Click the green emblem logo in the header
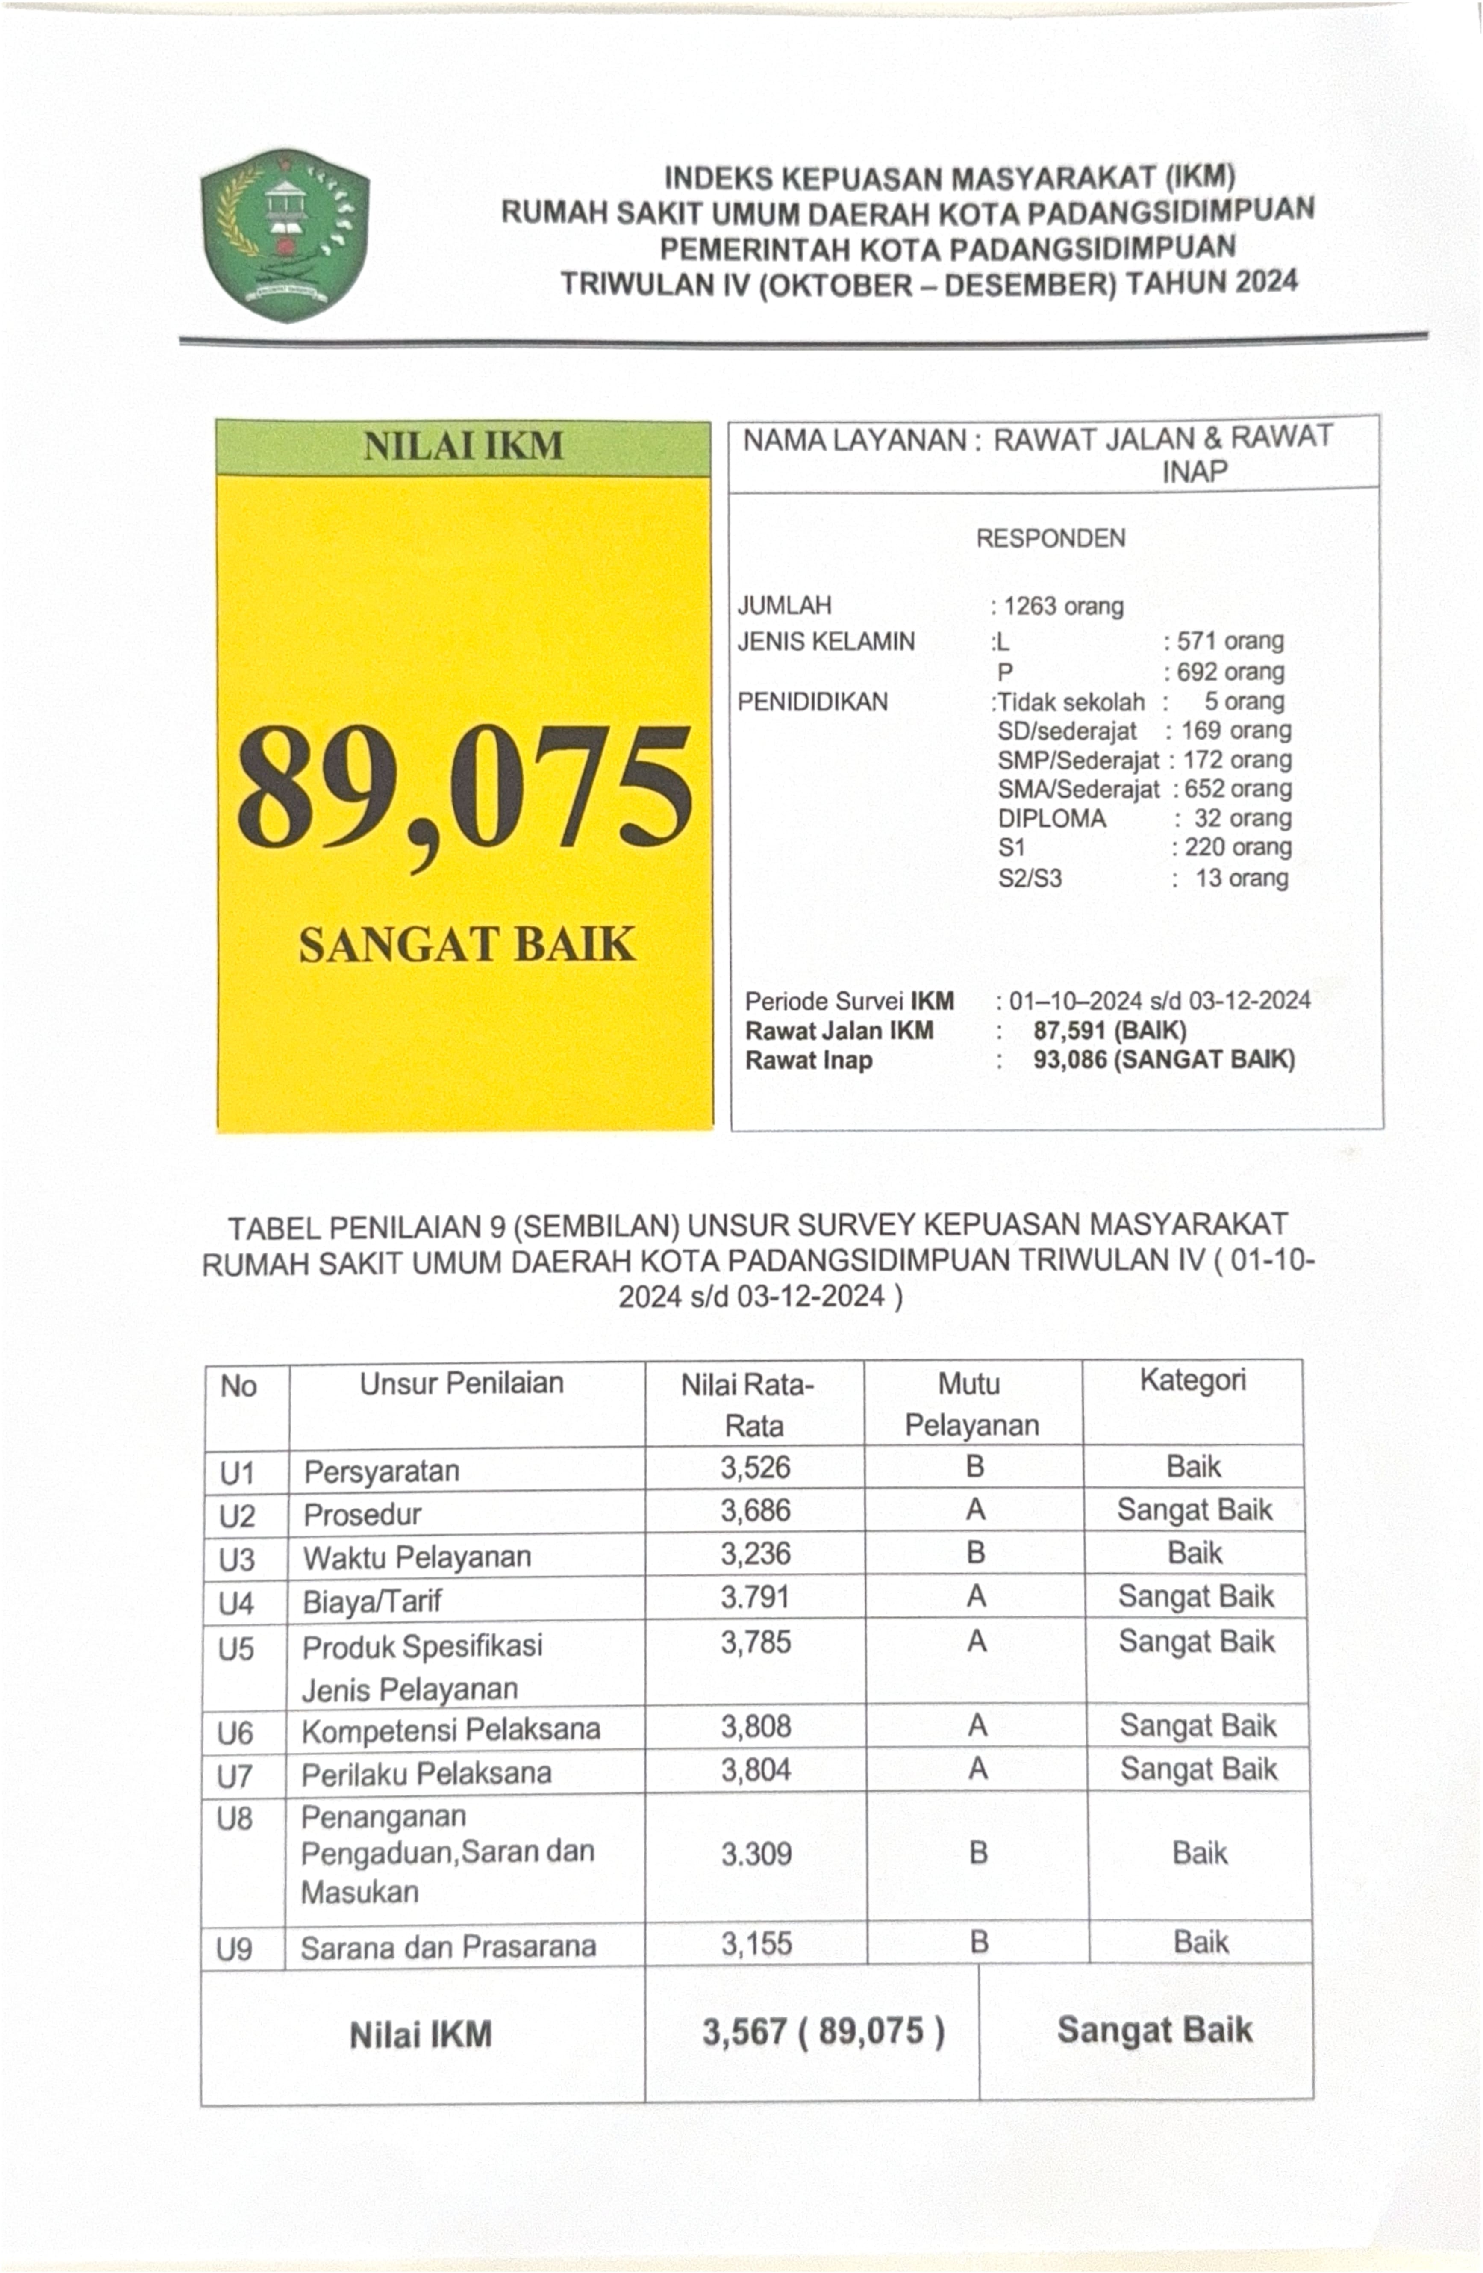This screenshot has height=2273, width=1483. coord(285,235)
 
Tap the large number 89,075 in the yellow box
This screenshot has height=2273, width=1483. coord(465,787)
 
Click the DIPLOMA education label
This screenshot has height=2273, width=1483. coord(1051,819)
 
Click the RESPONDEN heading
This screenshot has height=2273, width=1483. coord(1050,539)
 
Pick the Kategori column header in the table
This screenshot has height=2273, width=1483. coord(1193,1380)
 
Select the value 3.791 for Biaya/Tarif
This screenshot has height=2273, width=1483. coord(755,1597)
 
